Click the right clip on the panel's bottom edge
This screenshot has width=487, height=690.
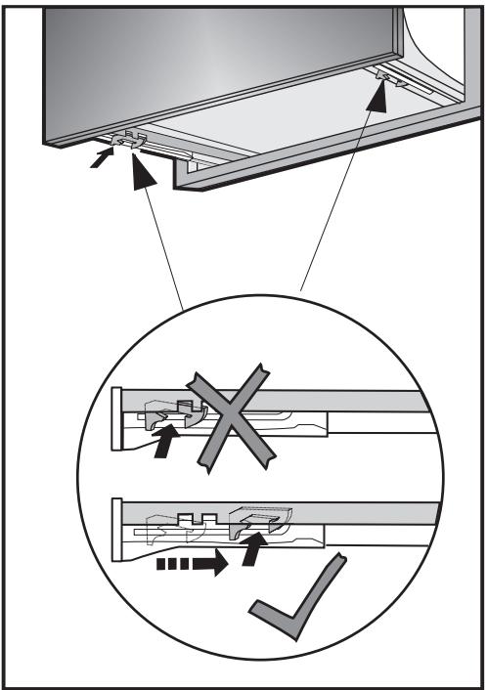389,76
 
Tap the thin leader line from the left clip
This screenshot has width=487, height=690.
161,235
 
